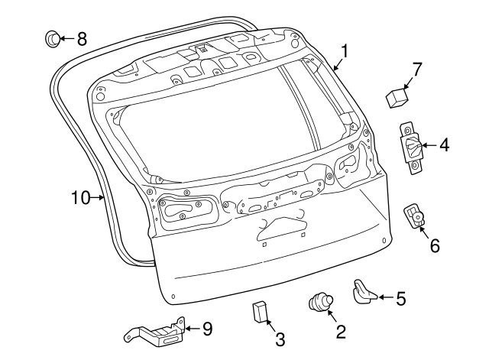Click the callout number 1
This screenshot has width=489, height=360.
pos(345,51)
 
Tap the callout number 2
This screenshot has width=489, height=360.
pos(340,331)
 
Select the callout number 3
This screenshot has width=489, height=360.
pos(280,338)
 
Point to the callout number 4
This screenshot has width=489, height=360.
pos(444,144)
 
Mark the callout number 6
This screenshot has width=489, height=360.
pos(435,246)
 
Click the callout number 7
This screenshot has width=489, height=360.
pos(417,70)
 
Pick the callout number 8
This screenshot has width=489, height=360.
pos(82,37)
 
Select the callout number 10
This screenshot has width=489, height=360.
pos(82,197)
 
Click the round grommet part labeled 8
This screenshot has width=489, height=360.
pos(52,37)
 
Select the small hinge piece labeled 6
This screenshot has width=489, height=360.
pos(415,216)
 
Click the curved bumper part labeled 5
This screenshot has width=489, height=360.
pos(364,291)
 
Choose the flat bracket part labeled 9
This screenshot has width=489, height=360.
pos(155,332)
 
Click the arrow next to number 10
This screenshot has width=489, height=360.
pos(100,197)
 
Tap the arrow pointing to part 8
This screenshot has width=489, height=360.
pos(66,37)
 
